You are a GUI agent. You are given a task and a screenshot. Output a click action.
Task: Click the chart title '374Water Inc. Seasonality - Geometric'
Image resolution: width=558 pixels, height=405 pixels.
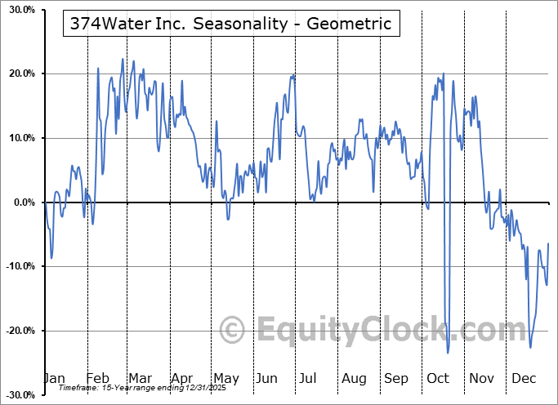pos(231,24)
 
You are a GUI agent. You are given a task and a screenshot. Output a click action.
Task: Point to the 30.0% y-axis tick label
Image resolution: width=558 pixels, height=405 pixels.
pos(20,10)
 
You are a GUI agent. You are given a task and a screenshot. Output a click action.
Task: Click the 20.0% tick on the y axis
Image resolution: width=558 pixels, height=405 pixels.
pos(20,74)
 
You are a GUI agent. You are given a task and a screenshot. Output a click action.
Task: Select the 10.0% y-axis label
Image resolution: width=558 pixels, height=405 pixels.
pos(20,138)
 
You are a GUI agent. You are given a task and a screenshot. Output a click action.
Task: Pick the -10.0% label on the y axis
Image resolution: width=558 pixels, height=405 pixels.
pos(18,267)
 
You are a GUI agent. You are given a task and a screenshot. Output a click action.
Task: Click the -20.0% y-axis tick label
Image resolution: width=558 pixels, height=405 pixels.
pos(18,331)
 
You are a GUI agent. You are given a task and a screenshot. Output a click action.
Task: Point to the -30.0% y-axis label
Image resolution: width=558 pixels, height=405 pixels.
pos(18,395)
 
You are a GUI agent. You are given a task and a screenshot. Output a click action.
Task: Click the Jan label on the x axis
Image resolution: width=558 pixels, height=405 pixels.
pos(54,379)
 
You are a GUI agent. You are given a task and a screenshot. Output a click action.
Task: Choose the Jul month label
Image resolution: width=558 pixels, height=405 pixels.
pos(308,379)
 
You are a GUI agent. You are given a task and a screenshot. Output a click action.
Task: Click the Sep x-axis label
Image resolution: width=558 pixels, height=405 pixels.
pos(396,379)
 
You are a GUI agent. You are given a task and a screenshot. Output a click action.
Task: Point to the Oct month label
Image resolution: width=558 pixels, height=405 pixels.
pos(438,379)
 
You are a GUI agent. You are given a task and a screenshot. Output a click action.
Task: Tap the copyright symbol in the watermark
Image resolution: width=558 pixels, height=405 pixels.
pos(234,331)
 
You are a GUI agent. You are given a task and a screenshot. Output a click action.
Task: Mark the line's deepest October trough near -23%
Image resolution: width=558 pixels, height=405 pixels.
pos(449,353)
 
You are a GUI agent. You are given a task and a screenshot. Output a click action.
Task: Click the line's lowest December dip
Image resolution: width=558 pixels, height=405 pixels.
pos(530,348)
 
